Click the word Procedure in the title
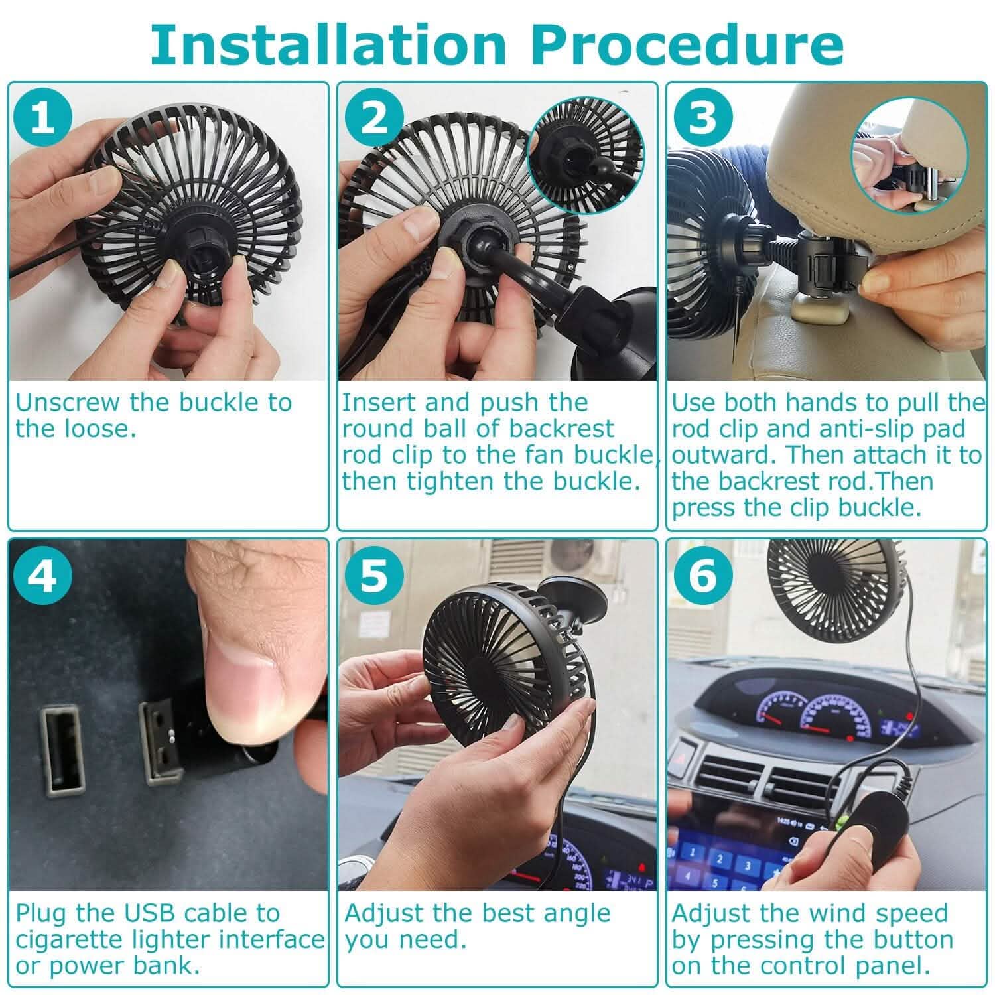pos(688,44)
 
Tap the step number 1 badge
pos(44,117)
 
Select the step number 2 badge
pos(374,117)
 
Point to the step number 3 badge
pos(703,117)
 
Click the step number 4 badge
pos(44,574)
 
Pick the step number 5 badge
pos(374,574)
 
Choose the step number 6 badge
pos(703,574)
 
